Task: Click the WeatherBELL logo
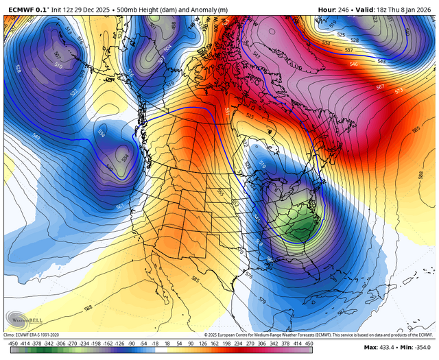coord(23,320)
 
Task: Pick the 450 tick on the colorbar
coord(309,342)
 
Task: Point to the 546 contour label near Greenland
coord(354,64)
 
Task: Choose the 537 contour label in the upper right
coord(349,50)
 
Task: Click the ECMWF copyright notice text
coord(309,334)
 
